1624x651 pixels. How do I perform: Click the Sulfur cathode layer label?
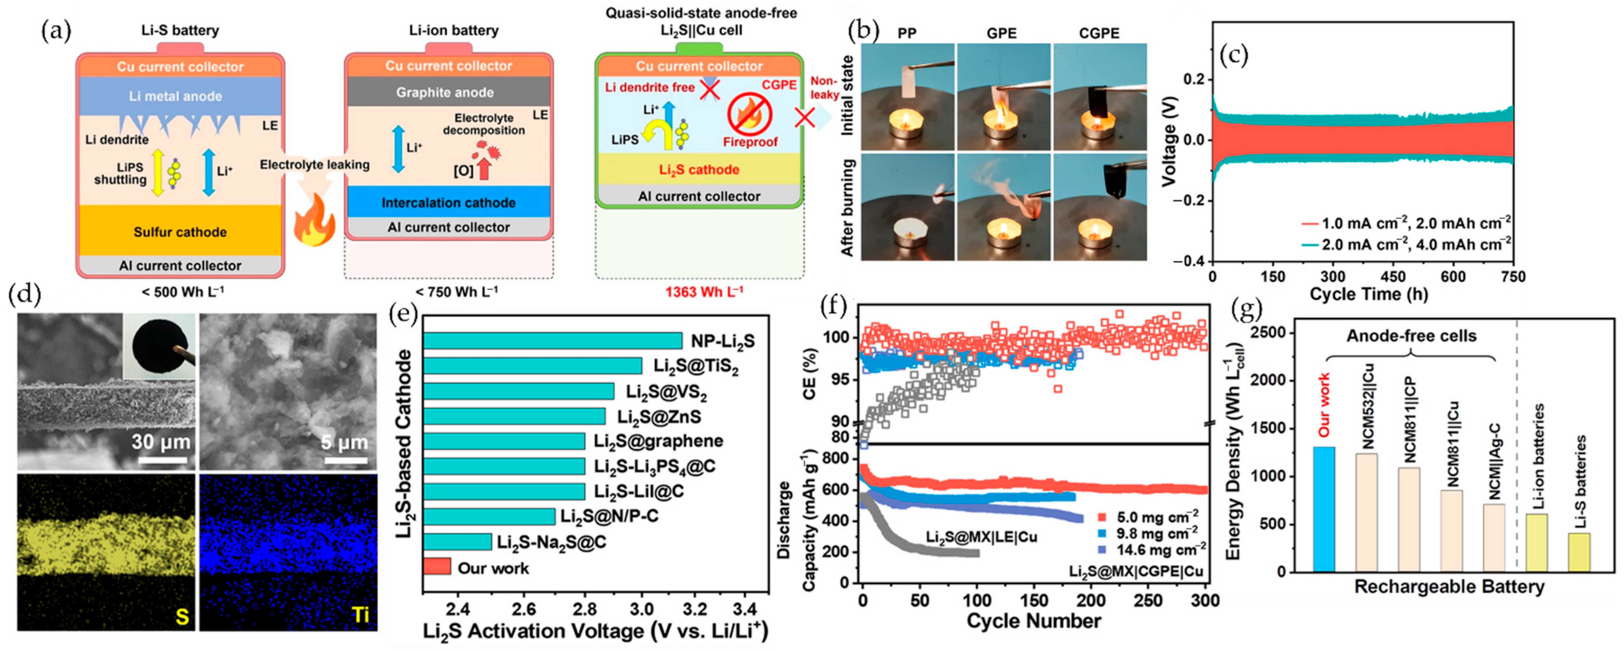[180, 232]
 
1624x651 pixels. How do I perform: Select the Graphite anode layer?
[445, 92]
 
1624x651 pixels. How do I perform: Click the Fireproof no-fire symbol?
[749, 115]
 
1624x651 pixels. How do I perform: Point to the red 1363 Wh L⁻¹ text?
[704, 291]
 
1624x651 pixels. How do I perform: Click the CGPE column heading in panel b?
[1099, 33]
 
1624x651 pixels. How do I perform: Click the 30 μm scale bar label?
[161, 442]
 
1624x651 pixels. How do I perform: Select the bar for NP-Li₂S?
[552, 340]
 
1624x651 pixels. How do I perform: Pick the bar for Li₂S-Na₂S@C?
[457, 542]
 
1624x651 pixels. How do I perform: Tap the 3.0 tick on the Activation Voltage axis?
[642, 609]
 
